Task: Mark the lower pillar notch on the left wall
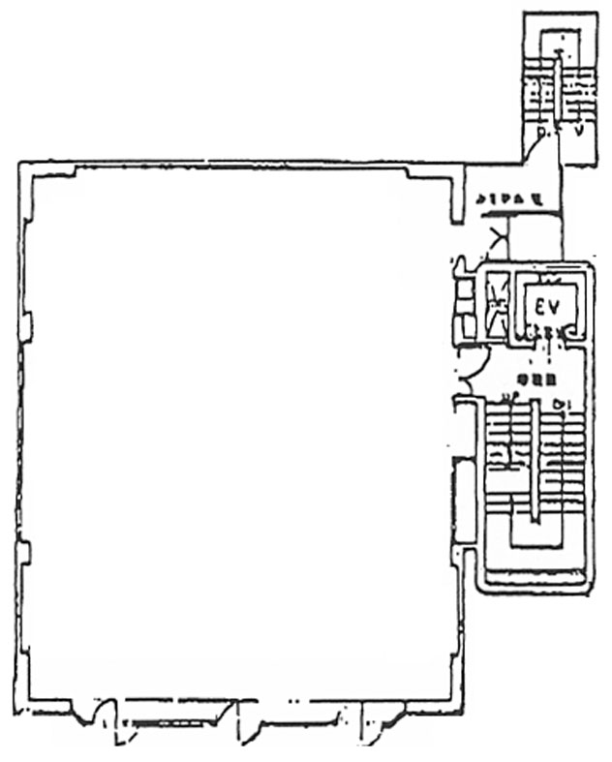[x=24, y=554]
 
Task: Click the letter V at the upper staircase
[x=579, y=133]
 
